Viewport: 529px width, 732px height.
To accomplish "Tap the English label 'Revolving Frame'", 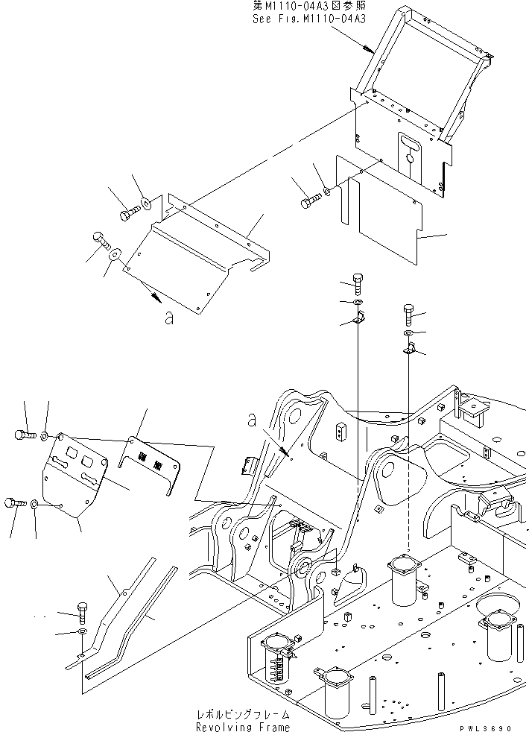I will (x=243, y=726).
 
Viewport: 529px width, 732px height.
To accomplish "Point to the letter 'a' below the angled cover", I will (x=170, y=318).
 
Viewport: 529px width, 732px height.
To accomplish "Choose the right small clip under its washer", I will (x=408, y=347).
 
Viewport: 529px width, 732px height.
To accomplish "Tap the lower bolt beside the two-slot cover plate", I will (x=14, y=504).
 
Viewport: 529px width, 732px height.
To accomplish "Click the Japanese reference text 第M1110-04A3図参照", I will (x=308, y=7).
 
